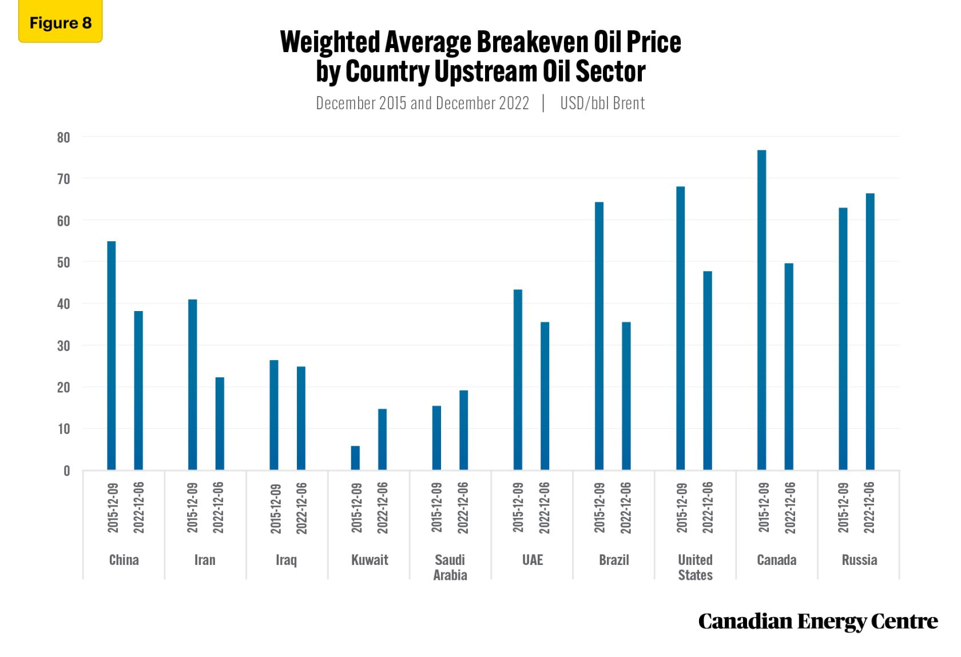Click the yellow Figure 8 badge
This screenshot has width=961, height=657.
[x=60, y=22]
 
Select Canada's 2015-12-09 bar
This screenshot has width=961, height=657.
[x=761, y=309]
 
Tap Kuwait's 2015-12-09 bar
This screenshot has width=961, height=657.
[x=355, y=457]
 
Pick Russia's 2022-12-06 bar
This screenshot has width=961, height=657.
[x=870, y=331]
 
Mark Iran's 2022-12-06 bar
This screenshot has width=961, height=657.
[x=220, y=423]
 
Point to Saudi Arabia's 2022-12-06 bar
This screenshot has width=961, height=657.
[x=463, y=429]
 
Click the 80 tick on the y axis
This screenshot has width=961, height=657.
[x=63, y=137]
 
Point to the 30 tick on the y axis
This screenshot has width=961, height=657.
[x=63, y=346]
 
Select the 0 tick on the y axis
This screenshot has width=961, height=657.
[x=67, y=471]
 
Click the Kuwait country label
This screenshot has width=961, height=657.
[x=370, y=560]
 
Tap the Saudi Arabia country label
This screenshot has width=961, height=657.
[x=450, y=567]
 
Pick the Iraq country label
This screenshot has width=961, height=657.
[x=286, y=560]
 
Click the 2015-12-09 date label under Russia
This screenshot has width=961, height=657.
[x=843, y=508]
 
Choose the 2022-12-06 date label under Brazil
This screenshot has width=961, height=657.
[x=626, y=508]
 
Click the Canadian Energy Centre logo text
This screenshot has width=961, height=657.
[x=817, y=621]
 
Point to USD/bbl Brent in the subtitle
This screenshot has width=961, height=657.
[x=602, y=103]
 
